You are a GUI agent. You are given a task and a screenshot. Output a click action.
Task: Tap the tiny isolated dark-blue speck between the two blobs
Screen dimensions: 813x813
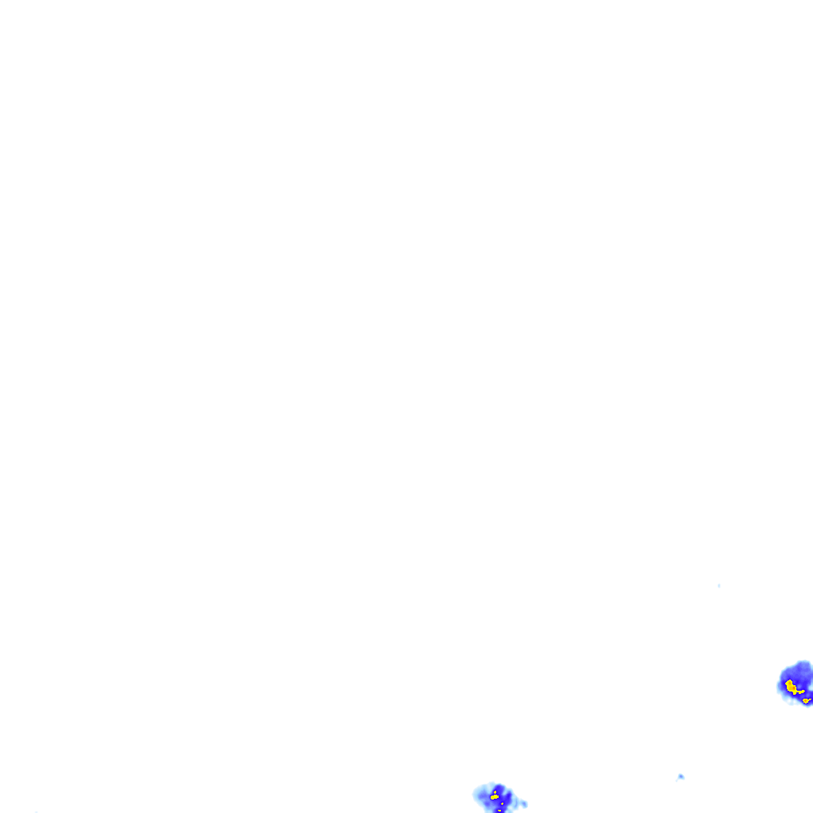click(680, 776)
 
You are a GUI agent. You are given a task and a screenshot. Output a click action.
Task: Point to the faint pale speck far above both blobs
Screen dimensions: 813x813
click(719, 586)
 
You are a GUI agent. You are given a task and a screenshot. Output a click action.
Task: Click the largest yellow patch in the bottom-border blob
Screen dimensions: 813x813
click(495, 797)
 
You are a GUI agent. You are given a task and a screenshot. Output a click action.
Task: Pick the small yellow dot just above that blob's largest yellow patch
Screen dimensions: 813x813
click(495, 792)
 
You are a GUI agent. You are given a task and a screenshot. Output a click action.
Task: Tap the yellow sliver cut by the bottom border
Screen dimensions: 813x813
click(499, 811)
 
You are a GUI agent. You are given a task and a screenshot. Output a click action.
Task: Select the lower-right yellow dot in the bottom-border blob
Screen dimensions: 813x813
click(502, 803)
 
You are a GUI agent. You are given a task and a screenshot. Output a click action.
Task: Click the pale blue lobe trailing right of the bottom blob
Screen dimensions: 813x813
click(523, 804)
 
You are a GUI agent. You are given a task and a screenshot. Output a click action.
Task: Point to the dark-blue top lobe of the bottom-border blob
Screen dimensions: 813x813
click(499, 786)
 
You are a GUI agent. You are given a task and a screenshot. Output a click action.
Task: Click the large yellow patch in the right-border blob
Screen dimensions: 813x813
click(791, 687)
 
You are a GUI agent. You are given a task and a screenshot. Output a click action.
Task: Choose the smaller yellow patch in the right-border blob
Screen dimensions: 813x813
click(806, 700)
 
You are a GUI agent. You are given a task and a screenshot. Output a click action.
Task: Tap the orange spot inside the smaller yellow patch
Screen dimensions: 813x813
click(805, 700)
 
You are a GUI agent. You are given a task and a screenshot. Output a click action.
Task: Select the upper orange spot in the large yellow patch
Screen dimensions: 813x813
click(790, 683)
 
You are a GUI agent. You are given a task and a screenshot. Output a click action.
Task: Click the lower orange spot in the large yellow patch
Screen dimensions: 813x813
click(794, 688)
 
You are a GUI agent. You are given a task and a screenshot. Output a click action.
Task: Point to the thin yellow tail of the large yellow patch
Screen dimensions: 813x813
click(801, 692)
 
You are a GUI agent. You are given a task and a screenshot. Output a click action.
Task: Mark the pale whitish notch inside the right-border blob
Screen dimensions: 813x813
click(811, 688)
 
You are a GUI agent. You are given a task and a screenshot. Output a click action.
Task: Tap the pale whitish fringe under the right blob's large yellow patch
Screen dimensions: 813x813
click(790, 701)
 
